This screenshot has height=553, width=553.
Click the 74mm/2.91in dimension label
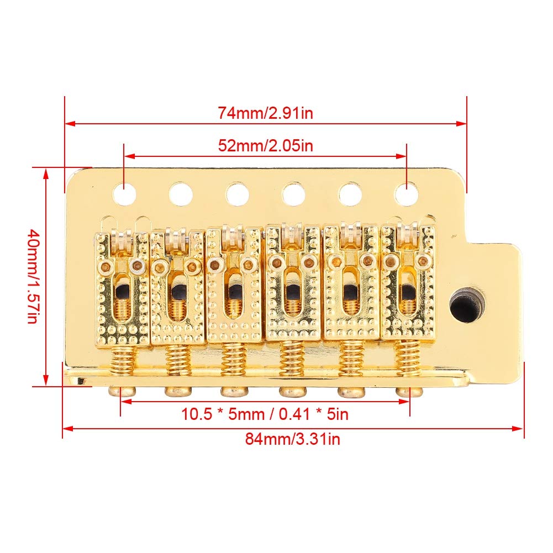[x=266, y=113]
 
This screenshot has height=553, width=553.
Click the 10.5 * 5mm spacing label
[x=265, y=414]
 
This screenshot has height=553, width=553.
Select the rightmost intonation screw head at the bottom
[x=409, y=392]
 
